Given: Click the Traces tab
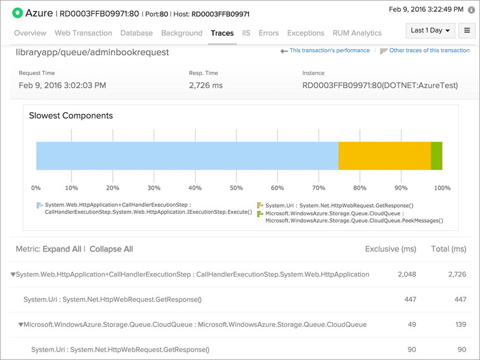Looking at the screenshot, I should (x=222, y=33).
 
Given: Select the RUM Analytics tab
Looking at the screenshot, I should (x=358, y=33).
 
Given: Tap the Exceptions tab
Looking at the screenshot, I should (x=306, y=33).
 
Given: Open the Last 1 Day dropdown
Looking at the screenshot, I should (x=430, y=31).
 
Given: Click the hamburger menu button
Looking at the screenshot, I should (x=466, y=31).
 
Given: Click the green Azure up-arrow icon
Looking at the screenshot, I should (x=17, y=13).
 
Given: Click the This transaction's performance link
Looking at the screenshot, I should (x=329, y=50).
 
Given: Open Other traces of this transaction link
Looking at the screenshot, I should (x=429, y=50).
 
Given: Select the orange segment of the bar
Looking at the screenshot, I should (x=385, y=156).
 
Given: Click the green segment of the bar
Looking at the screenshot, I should (x=436, y=156).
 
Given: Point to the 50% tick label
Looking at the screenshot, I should (x=237, y=188).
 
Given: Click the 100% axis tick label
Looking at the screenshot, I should (x=442, y=188).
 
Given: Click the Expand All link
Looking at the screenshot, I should (x=62, y=249).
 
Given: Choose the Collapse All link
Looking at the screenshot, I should (x=111, y=249).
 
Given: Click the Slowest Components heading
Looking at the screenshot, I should (x=71, y=115).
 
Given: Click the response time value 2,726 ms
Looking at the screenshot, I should (x=206, y=86).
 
